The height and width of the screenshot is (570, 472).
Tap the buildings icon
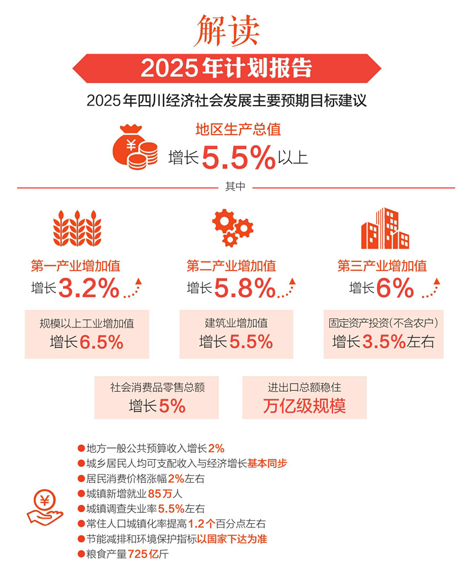coord(385,228)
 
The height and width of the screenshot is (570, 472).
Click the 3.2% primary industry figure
coord(89,289)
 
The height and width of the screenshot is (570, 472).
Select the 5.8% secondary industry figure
coord(244,289)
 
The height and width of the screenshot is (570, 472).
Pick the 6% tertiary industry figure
coord(395,289)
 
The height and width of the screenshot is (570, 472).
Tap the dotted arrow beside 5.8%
coord(287,287)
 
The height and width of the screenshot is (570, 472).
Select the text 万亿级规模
coord(304,406)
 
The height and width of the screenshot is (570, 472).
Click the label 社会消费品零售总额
coord(157,388)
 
